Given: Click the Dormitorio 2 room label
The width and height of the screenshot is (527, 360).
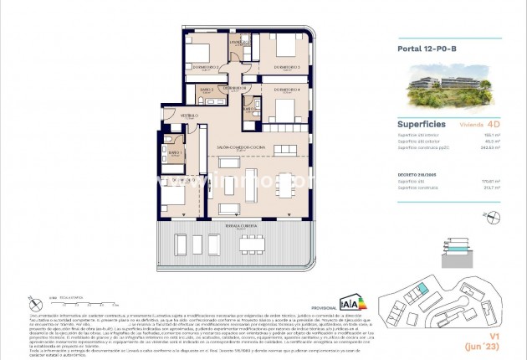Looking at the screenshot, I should pyautogui.click(x=205, y=66).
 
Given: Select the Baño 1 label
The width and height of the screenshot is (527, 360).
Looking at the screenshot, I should pyautogui.click(x=175, y=152).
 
